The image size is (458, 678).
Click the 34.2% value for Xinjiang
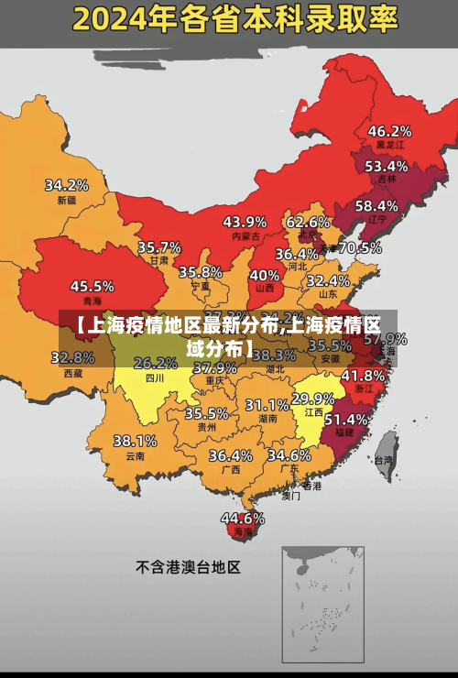pos(67,185)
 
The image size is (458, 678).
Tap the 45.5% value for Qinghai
pos(93,286)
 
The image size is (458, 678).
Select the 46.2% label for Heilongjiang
pos(389,130)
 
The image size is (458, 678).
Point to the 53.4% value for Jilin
pos(386,166)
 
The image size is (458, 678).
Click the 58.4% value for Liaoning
pos(376,205)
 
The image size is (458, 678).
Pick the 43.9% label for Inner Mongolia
pos(245,222)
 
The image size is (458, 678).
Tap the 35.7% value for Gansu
pos(159,247)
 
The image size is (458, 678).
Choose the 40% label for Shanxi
pos(265,274)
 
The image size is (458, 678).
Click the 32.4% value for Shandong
pos(328,280)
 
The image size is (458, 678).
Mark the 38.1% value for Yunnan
pos(135,441)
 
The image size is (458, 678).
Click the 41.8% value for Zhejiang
pos(363,376)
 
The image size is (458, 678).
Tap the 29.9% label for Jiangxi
pos(312,399)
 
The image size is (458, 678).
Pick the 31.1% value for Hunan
pos(267,404)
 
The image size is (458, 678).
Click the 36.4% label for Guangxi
pos(231,455)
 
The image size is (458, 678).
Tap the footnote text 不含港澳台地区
pos(188,567)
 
